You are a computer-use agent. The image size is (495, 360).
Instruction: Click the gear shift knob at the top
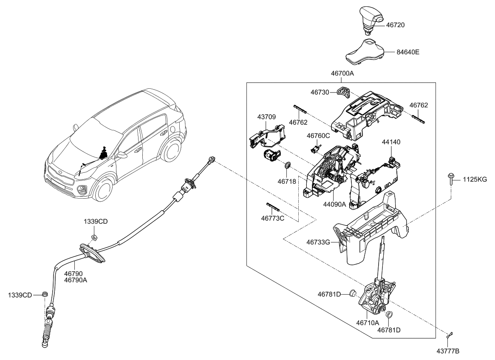[370, 19]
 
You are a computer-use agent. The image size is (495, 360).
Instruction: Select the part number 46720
[395, 25]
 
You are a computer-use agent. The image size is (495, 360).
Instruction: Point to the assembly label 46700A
[342, 73]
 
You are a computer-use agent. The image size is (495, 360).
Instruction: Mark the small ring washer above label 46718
[288, 165]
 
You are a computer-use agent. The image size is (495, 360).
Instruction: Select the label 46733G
[318, 242]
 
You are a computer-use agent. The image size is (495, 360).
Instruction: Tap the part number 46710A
[368, 322]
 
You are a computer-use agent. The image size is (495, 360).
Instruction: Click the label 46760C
[318, 135]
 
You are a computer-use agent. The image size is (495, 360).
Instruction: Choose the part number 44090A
[334, 204]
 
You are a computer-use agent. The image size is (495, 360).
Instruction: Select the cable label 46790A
[76, 280]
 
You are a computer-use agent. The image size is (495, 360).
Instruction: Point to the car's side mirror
[122, 155]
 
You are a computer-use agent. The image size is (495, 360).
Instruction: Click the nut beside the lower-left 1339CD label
[45, 294]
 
